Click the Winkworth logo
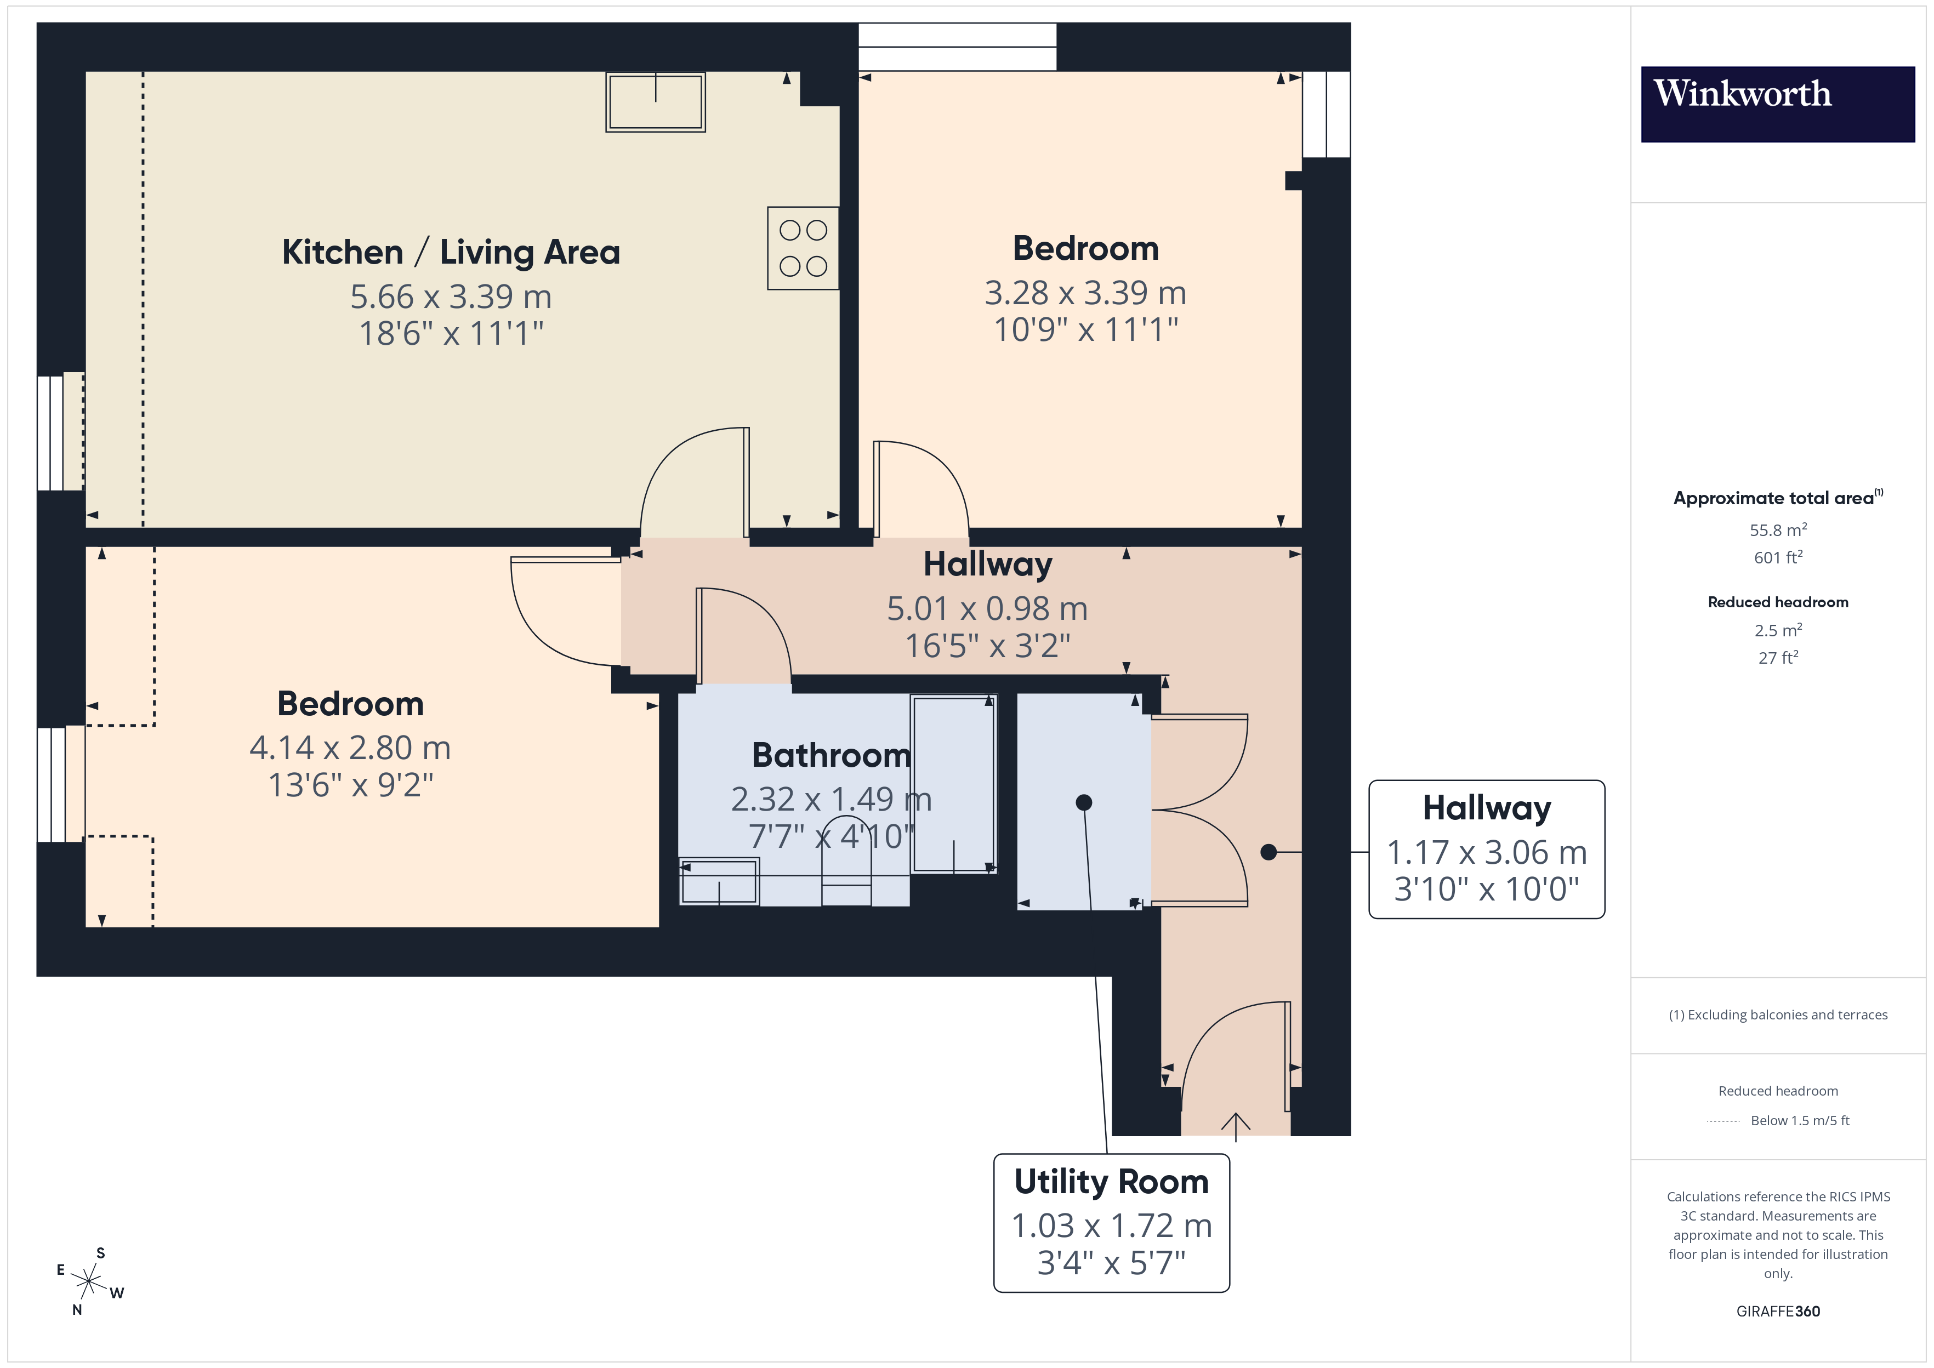click(x=1777, y=104)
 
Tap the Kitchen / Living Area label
click(x=451, y=252)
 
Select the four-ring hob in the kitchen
click(x=803, y=248)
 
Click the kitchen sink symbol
click(x=655, y=102)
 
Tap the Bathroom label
click(x=831, y=755)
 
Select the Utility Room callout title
click(x=1111, y=1182)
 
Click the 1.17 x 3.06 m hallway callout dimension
click(x=1487, y=852)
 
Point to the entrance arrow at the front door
click(x=1235, y=1125)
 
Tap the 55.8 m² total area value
click(x=1777, y=530)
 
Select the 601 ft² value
click(x=1777, y=557)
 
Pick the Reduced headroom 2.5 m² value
click(x=1777, y=630)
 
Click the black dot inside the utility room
click(x=1084, y=803)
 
